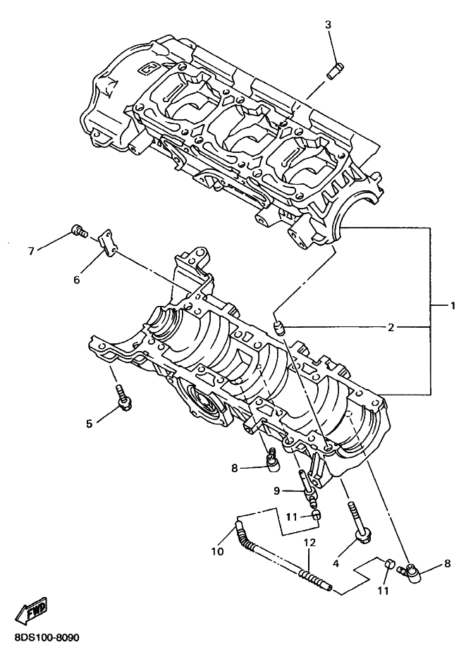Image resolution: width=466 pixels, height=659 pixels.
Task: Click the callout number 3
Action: [329, 25]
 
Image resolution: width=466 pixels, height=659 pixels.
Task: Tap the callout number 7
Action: [31, 252]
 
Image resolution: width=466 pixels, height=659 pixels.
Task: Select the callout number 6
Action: [76, 278]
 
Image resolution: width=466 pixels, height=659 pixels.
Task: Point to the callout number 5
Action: [89, 424]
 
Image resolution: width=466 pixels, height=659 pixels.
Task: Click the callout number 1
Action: [452, 306]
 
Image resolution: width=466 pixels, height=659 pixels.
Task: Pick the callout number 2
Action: [391, 328]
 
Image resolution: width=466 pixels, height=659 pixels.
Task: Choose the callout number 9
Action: [276, 491]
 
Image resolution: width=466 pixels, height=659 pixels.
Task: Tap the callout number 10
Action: [218, 551]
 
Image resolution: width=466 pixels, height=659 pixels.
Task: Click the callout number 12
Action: [309, 543]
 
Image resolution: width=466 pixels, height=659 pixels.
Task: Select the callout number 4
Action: [336, 563]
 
